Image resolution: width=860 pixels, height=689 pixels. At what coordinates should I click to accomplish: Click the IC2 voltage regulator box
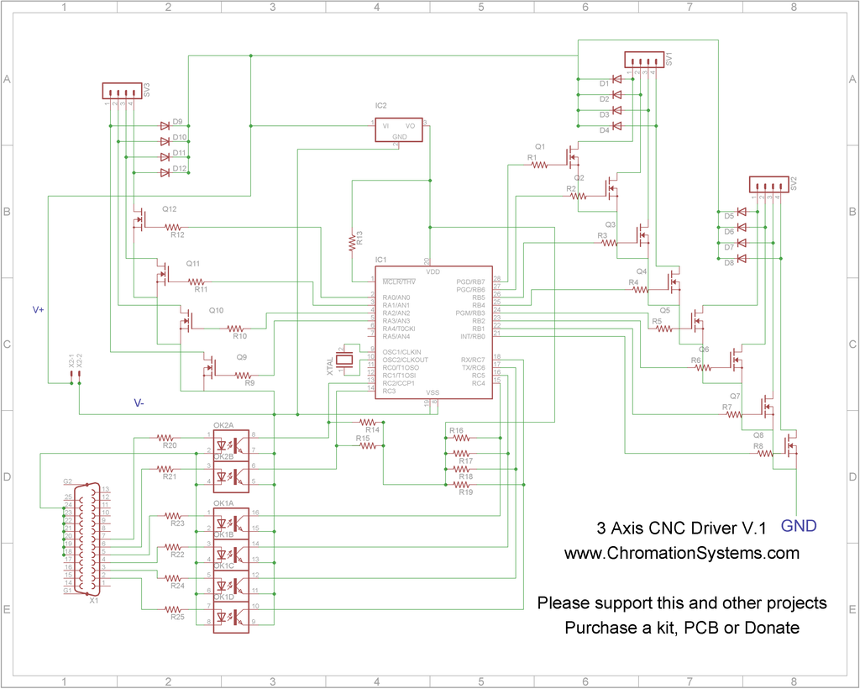point(399,129)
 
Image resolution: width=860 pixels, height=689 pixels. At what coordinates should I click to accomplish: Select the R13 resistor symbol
point(353,243)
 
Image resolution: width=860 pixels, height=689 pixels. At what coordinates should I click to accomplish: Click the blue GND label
point(799,527)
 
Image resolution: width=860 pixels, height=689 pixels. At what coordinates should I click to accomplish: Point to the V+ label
point(39,310)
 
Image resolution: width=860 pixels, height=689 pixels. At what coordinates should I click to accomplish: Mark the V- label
point(139,403)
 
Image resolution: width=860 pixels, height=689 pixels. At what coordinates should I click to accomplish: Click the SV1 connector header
point(644,60)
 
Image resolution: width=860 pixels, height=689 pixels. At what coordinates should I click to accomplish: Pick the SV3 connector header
point(122,91)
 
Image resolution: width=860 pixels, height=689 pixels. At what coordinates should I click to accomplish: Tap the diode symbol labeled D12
point(165,172)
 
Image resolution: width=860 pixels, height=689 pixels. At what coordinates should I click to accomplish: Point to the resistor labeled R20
point(167,438)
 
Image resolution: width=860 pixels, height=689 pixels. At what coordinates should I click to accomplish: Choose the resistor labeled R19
point(461,485)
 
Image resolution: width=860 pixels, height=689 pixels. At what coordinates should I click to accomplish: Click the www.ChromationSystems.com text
point(681,554)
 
